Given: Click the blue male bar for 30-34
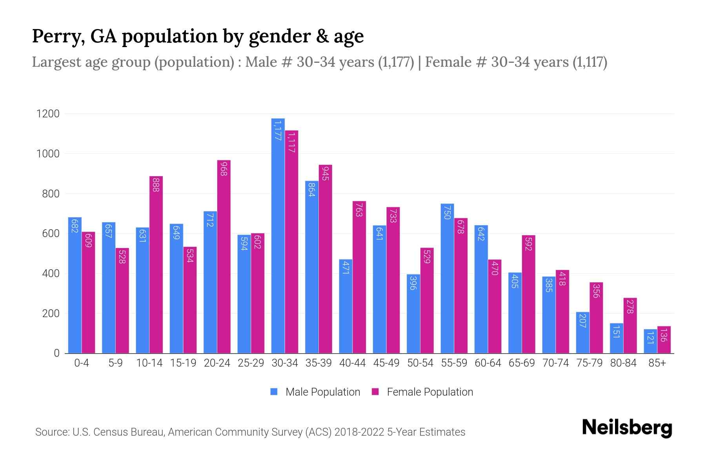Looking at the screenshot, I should (278, 235).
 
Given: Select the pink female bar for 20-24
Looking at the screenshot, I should (224, 257).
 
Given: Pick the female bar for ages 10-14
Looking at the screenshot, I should (156, 265).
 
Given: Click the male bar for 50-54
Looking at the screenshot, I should (413, 314).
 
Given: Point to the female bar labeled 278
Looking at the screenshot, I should (630, 325).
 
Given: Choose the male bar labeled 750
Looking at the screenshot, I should (447, 278).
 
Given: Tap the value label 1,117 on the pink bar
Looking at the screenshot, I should (291, 142).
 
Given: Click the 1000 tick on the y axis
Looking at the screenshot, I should (48, 154).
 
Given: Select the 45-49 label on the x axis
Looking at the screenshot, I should (386, 363).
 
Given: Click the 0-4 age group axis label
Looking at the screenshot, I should (82, 363).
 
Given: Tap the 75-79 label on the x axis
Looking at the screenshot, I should (590, 363).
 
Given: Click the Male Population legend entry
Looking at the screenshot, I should (322, 392).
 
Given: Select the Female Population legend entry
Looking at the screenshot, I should (429, 392).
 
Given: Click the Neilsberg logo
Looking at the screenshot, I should (627, 428).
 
